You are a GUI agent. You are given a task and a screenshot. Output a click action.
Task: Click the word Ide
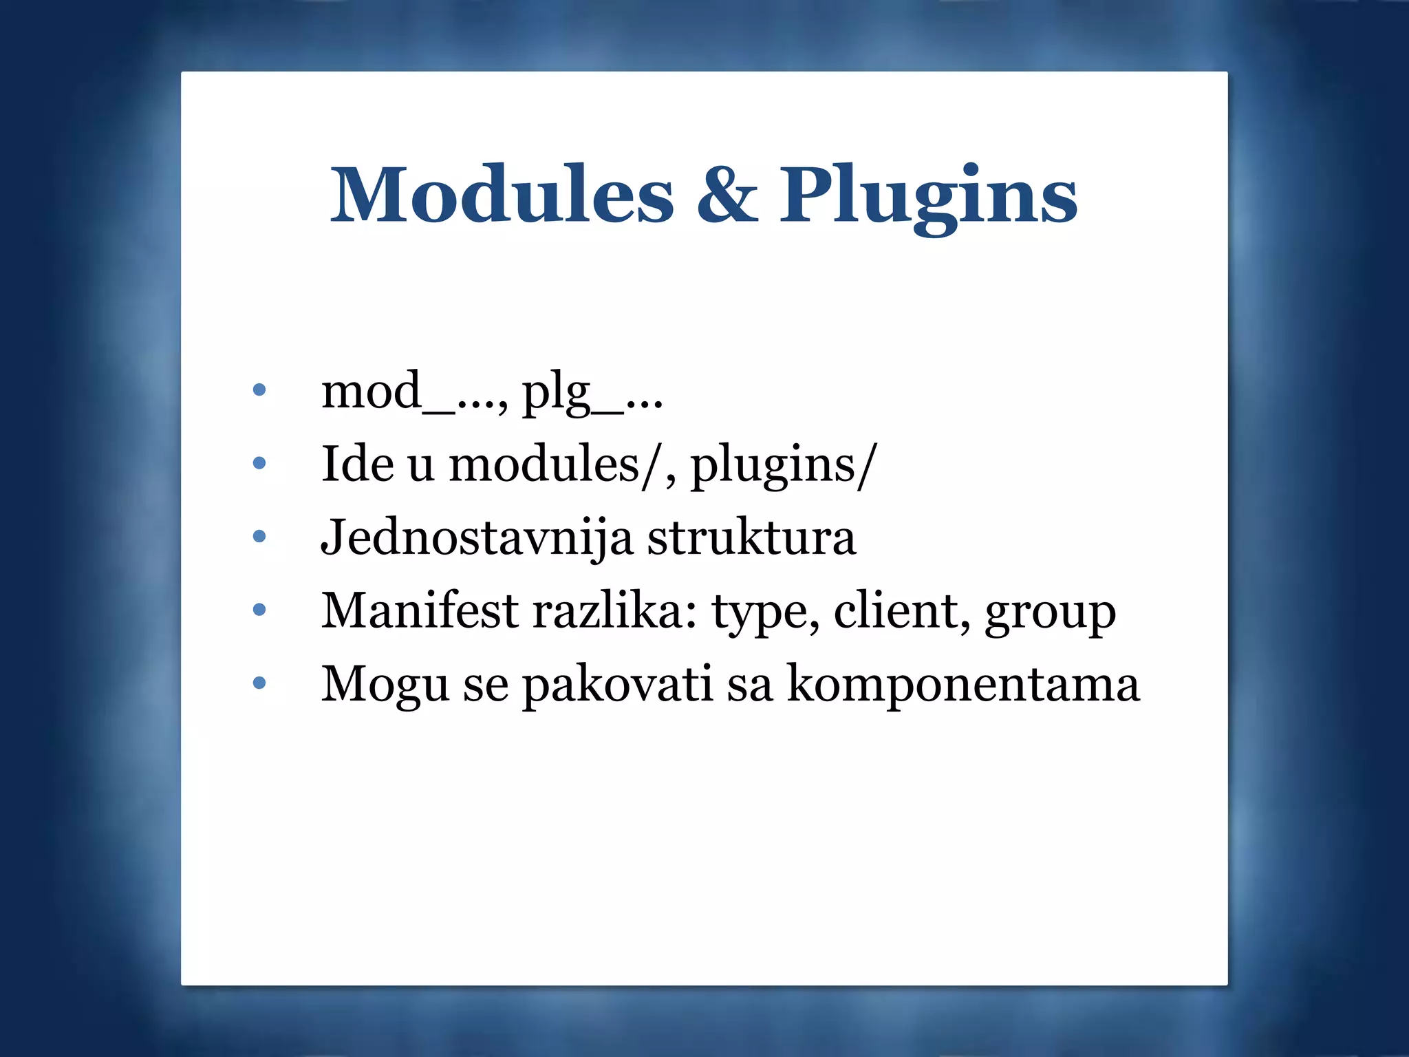click(x=357, y=464)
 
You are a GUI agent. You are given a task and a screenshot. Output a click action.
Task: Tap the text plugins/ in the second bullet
click(x=783, y=467)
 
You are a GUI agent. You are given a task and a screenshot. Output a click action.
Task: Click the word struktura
click(x=752, y=538)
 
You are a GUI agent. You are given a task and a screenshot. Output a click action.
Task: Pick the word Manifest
click(x=420, y=610)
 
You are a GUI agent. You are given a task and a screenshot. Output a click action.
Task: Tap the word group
click(x=1050, y=613)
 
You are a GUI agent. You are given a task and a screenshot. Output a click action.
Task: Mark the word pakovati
click(x=617, y=686)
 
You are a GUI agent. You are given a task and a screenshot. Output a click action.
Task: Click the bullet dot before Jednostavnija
click(x=259, y=537)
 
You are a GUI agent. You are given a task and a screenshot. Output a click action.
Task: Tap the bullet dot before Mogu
click(x=259, y=683)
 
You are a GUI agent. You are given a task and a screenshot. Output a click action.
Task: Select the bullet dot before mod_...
click(x=259, y=390)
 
